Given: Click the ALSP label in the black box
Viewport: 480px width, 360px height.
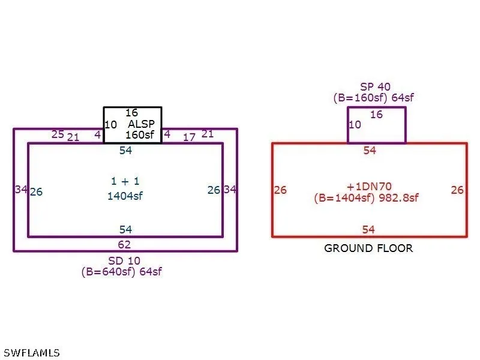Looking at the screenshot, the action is [x=141, y=124].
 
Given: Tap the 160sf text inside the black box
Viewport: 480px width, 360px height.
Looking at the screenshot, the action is [x=140, y=134].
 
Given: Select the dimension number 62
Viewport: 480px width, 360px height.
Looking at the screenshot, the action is [x=124, y=245].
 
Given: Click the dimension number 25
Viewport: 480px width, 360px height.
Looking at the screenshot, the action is [x=58, y=134].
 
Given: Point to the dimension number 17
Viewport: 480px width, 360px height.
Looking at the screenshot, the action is [x=189, y=137].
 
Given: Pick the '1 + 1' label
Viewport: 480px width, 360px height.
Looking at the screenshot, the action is [x=125, y=181].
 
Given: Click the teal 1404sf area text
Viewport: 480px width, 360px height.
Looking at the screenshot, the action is [x=125, y=196].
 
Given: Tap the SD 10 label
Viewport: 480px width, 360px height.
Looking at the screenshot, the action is [x=124, y=261].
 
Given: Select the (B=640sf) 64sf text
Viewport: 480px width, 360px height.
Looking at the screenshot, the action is [x=122, y=272].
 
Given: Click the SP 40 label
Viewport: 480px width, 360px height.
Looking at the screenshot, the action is [x=376, y=87].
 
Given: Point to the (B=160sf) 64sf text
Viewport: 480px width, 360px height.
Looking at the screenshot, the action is [x=373, y=98].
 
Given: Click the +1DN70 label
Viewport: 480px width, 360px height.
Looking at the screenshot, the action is [x=369, y=187].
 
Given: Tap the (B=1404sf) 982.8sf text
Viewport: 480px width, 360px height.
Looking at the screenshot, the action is [x=366, y=198].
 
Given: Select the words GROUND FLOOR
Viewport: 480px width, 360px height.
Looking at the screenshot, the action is [x=368, y=248].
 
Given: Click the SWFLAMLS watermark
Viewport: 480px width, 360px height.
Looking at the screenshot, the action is [x=32, y=353].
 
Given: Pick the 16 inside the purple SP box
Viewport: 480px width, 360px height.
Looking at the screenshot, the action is [x=377, y=115].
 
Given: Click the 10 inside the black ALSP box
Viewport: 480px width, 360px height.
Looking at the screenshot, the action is [x=111, y=125].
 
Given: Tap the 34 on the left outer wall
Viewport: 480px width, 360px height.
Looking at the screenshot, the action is [x=21, y=190].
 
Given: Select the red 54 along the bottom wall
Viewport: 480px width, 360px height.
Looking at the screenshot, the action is [x=368, y=230].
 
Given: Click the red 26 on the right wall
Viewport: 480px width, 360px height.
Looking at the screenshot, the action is [x=457, y=190].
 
